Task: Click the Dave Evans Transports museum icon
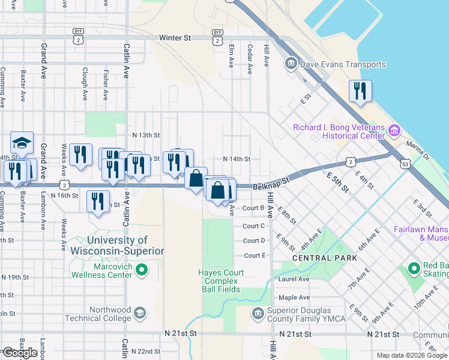[x=291, y=63]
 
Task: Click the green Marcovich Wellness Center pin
[x=142, y=271]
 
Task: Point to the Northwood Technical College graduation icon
[x=139, y=313]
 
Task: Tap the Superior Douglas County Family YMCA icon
[x=258, y=313]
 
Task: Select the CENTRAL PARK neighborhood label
[x=324, y=258]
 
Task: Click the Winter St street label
[x=175, y=38]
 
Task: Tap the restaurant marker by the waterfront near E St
[x=360, y=92]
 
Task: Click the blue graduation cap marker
[x=22, y=143]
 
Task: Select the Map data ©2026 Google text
[x=411, y=355]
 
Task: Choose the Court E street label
[x=254, y=256]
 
